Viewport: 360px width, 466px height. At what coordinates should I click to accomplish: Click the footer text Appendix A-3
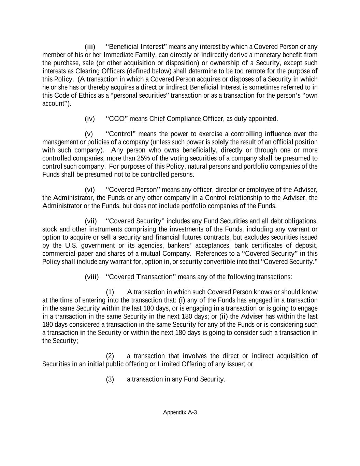180,412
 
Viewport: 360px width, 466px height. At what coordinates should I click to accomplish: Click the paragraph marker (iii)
90,47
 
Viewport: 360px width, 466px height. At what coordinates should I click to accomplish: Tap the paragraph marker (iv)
90,119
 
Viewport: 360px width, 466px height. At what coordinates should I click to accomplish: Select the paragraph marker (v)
89,134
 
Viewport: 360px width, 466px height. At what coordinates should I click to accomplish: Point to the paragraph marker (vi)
90,190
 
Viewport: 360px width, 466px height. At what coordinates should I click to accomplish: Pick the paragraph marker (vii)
91,221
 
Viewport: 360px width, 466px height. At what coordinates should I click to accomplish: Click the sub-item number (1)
110,292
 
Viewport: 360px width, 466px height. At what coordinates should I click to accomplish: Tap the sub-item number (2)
110,356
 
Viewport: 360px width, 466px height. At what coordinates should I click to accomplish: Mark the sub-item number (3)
110,379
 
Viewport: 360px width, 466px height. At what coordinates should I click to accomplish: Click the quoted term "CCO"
117,119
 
